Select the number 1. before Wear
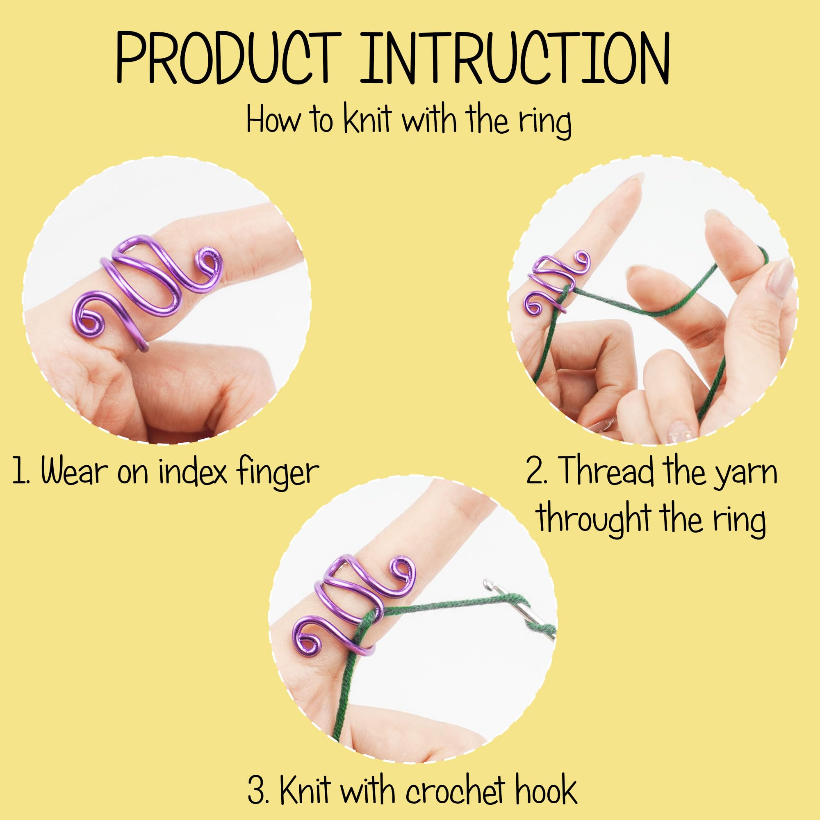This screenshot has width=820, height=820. pos(21,471)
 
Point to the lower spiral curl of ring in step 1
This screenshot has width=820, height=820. pos(88,317)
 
